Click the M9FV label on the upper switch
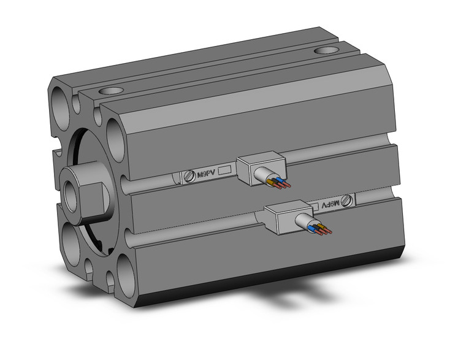[205, 174]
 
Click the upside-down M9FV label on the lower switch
[329, 203]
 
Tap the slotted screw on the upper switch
[189, 176]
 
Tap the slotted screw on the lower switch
[348, 200]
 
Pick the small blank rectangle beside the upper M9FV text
[224, 171]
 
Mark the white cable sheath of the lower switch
[305, 222]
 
